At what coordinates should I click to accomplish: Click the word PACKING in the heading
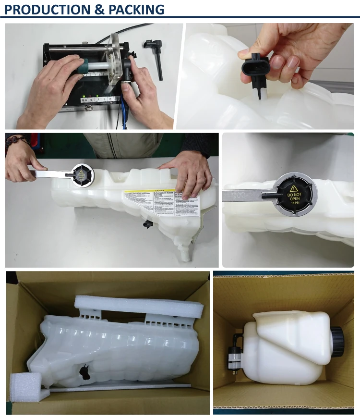point(137,9)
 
